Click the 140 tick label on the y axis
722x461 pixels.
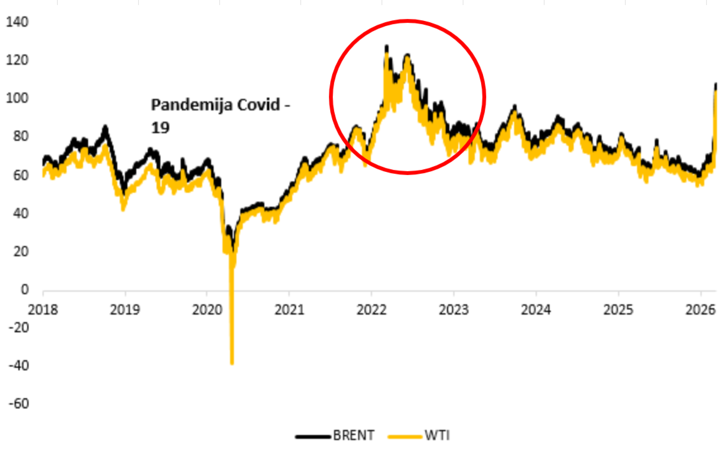(x=17, y=22)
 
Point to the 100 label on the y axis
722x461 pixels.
(x=17, y=98)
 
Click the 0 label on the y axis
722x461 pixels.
(x=25, y=289)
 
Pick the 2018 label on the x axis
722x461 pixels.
(x=43, y=310)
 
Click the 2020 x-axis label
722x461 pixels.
(x=207, y=310)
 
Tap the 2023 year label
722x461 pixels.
(x=453, y=310)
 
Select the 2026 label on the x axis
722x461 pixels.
(x=700, y=310)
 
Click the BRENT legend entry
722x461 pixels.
(x=353, y=435)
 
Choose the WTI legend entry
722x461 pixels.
(x=437, y=435)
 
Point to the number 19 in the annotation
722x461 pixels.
(x=160, y=128)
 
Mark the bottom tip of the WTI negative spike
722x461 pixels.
(x=232, y=363)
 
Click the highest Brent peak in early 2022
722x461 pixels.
(x=387, y=46)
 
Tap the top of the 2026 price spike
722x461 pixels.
(x=716, y=84)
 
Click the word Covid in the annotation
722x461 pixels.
(x=258, y=105)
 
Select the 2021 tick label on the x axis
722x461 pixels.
(x=289, y=310)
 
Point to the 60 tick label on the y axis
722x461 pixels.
(x=17, y=175)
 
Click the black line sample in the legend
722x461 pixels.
(x=313, y=436)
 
